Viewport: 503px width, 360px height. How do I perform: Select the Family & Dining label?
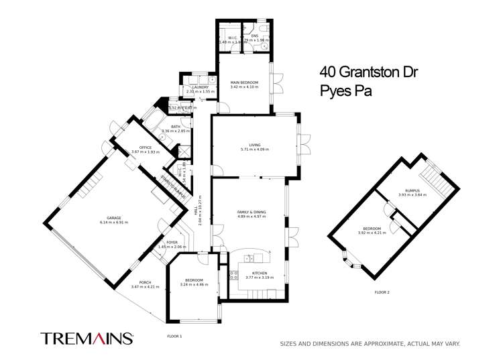click(251, 212)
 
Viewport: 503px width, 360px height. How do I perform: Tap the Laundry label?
click(200, 87)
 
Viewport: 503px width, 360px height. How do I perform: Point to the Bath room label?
click(176, 126)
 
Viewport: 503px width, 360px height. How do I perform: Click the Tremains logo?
click(87, 338)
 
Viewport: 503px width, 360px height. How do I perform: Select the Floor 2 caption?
click(382, 292)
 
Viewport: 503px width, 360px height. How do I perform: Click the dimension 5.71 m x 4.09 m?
click(254, 149)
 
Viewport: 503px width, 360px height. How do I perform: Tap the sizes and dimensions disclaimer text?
click(370, 344)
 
